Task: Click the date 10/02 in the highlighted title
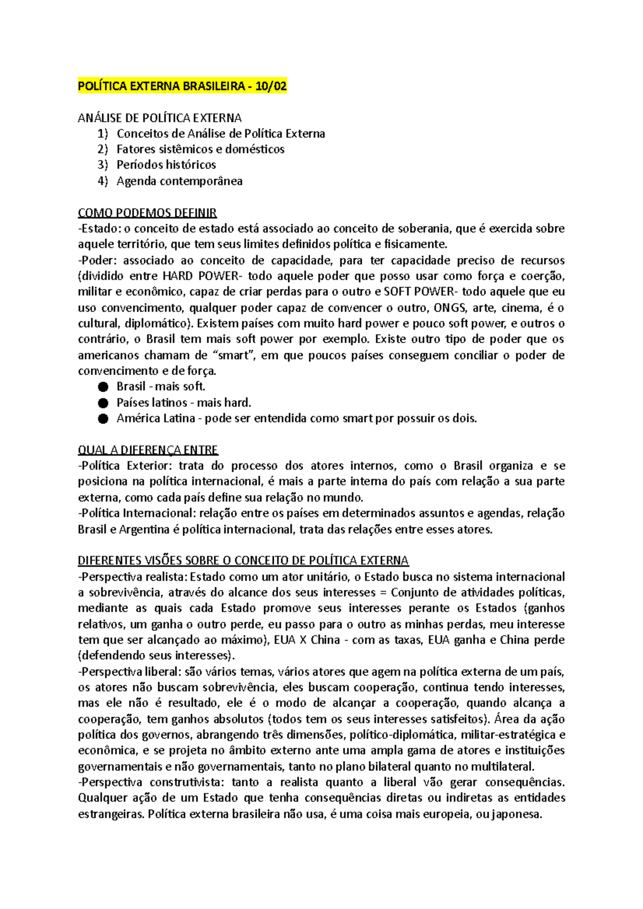[x=271, y=86]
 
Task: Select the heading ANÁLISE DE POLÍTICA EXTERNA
[x=160, y=118]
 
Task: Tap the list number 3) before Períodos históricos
[x=103, y=165]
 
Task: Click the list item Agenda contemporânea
[x=180, y=181]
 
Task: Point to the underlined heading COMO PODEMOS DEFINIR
[x=147, y=213]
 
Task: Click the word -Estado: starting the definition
[x=99, y=229]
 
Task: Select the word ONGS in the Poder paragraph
[x=450, y=308]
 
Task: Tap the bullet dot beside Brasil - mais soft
[x=103, y=387]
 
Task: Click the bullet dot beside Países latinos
[x=103, y=403]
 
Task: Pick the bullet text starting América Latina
[x=296, y=419]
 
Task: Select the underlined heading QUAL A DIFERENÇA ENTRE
[x=148, y=450]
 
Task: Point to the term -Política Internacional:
[x=137, y=513]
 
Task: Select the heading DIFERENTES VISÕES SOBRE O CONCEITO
[x=243, y=560]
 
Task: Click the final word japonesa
[x=517, y=814]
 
